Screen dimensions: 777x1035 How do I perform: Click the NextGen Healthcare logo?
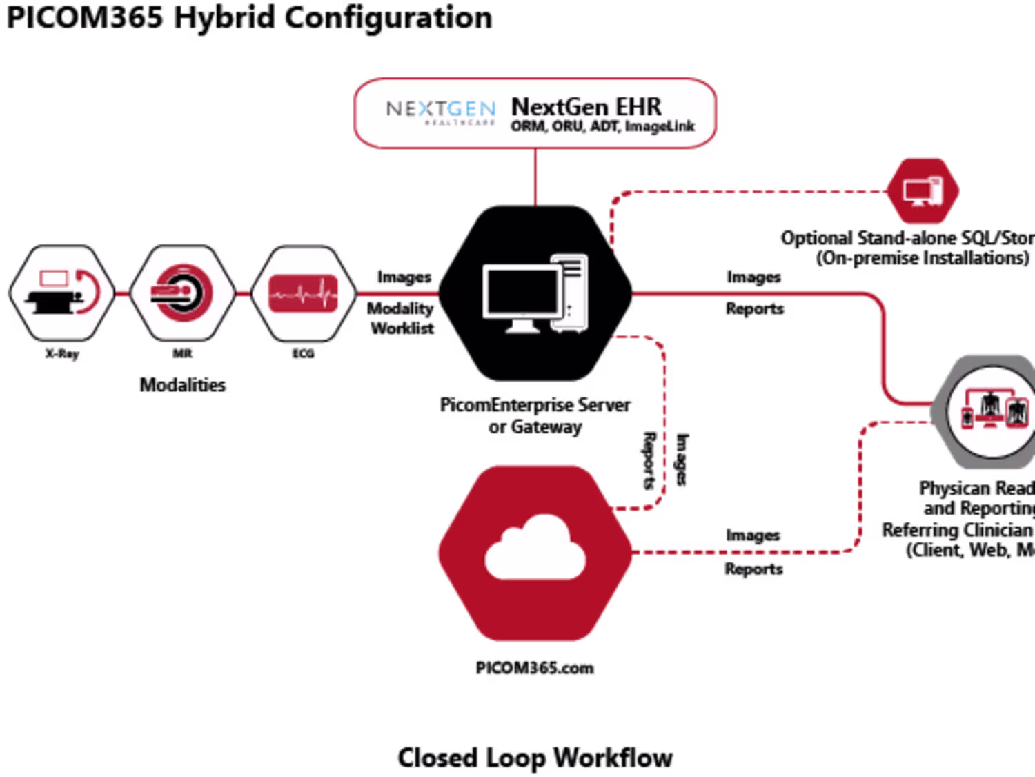[440, 110]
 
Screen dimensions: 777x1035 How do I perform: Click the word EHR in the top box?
[638, 107]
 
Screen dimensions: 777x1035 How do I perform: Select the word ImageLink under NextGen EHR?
[660, 126]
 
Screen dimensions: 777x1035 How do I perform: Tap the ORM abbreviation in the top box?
[528, 126]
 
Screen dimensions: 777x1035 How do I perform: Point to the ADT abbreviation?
[604, 126]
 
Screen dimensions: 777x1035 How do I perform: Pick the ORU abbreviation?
[568, 126]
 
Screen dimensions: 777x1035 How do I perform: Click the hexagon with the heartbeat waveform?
[304, 293]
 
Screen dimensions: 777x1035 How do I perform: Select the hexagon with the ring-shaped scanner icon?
[183, 293]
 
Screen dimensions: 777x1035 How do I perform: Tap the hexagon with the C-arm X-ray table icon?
[62, 293]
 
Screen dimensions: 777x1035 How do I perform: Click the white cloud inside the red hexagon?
[535, 549]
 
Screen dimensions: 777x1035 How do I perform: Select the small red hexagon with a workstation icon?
[923, 191]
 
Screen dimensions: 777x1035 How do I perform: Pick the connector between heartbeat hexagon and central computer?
[397, 293]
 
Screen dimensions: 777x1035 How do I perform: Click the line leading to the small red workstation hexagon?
[752, 192]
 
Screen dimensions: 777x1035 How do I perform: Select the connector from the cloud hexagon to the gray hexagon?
[745, 551]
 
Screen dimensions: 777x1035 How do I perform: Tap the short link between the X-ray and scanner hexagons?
[123, 293]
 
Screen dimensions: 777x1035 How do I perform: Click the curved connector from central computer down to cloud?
[664, 421]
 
